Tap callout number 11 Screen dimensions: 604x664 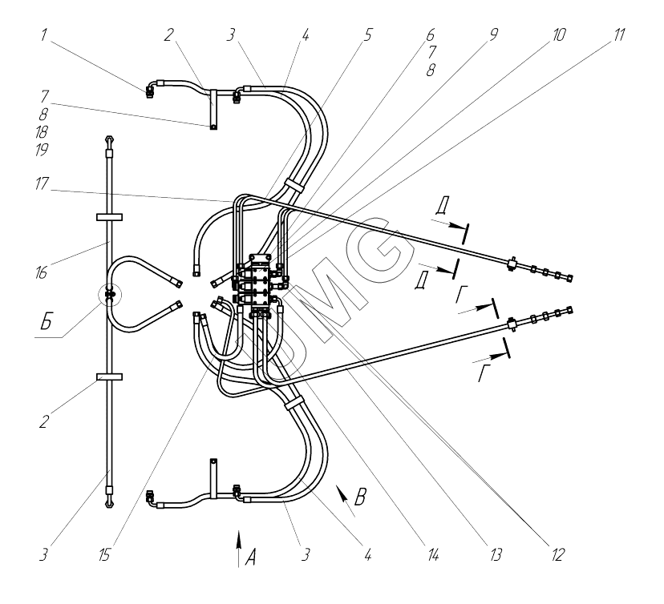(x=619, y=35)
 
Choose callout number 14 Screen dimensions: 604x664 (x=433, y=553)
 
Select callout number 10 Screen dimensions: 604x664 (x=559, y=35)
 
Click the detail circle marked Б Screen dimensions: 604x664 (x=108, y=296)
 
